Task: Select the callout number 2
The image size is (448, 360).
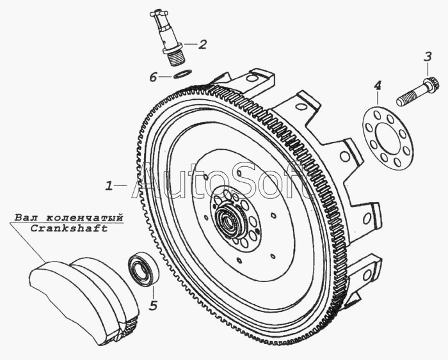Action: tap(202, 44)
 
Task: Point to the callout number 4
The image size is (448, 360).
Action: tap(378, 85)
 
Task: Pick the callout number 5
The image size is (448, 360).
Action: tap(153, 305)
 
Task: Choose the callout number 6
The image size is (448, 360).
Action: tap(153, 77)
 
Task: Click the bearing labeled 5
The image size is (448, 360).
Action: tap(143, 270)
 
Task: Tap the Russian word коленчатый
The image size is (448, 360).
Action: tap(81, 217)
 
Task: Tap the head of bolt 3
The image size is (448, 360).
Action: tap(432, 84)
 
